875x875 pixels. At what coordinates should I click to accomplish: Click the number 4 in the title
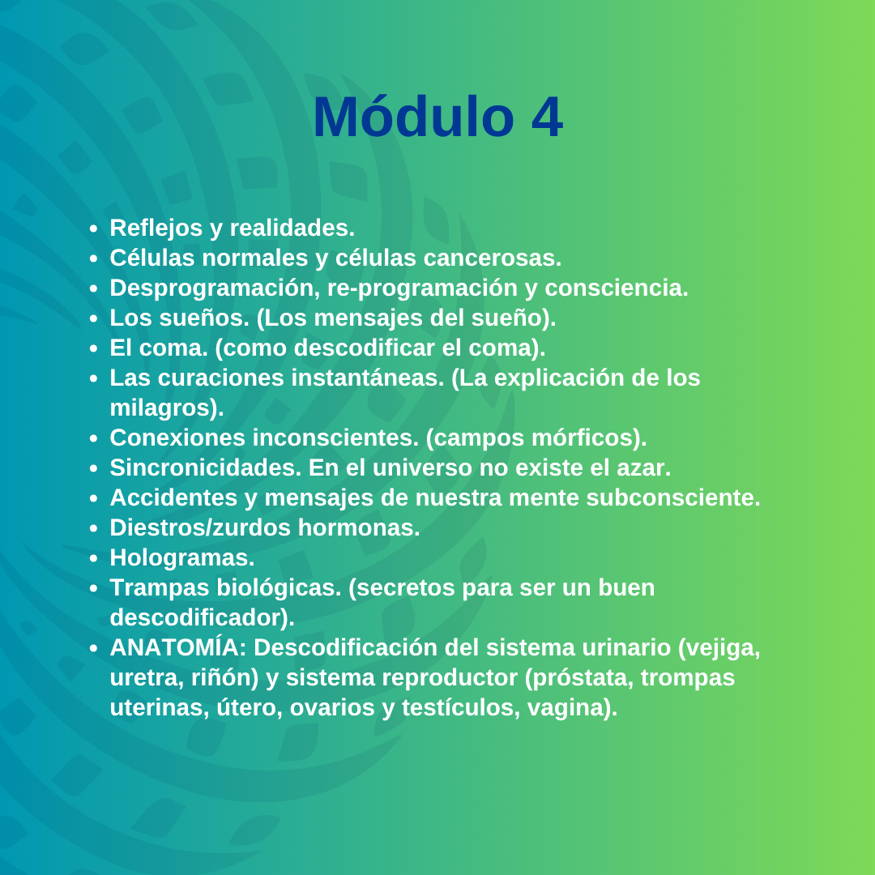tap(547, 117)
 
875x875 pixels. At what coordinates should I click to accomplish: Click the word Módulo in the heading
tap(413, 117)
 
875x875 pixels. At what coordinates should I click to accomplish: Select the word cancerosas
tap(493, 258)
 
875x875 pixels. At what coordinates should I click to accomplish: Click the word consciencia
tap(616, 288)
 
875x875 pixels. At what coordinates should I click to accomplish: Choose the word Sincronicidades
tap(205, 467)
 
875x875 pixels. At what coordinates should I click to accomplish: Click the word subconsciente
tap(673, 497)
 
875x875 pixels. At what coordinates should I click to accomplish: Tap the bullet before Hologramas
tap(93, 558)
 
